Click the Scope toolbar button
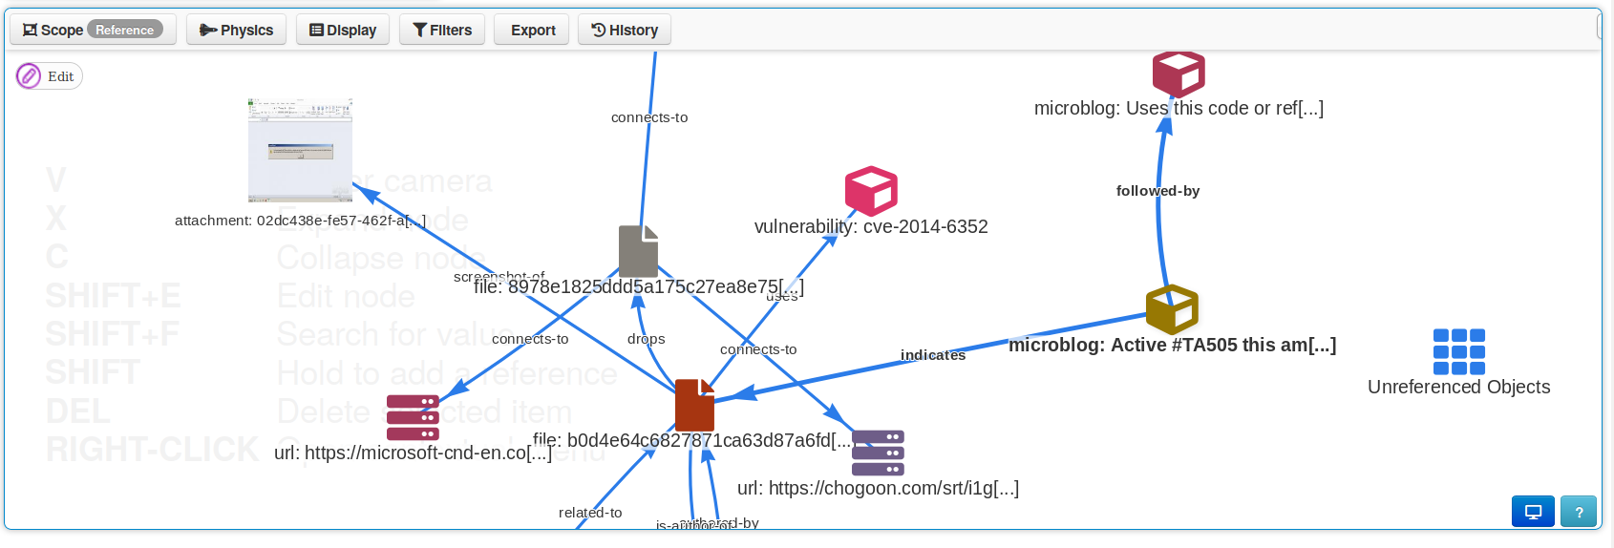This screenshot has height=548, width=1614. pos(93,30)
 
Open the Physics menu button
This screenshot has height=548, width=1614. pos(236,30)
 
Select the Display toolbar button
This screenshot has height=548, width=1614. pos(343,30)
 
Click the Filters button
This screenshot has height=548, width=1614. pos(442,30)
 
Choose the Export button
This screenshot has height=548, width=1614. pos(533,30)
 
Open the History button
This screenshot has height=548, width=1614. pos(625,30)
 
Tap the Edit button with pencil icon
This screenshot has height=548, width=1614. pos(50,76)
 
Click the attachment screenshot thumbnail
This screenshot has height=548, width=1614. pos(300,150)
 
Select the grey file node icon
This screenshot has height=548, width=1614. pos(638,251)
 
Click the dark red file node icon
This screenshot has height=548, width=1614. pos(694,405)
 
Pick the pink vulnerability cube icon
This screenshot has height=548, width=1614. pos(871,191)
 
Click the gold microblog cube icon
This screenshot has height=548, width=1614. pos(1172,309)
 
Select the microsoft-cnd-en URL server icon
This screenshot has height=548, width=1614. pos(413,417)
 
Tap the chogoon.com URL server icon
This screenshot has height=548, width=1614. pos(878,453)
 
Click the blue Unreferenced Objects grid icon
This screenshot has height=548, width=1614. pos(1458,351)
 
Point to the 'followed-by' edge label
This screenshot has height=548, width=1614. pos(1157,191)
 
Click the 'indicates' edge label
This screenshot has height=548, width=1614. pos(932,355)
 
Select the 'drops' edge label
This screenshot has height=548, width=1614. pos(646,339)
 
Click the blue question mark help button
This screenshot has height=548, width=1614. pos(1579,512)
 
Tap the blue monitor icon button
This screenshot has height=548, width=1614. pos(1533,512)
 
